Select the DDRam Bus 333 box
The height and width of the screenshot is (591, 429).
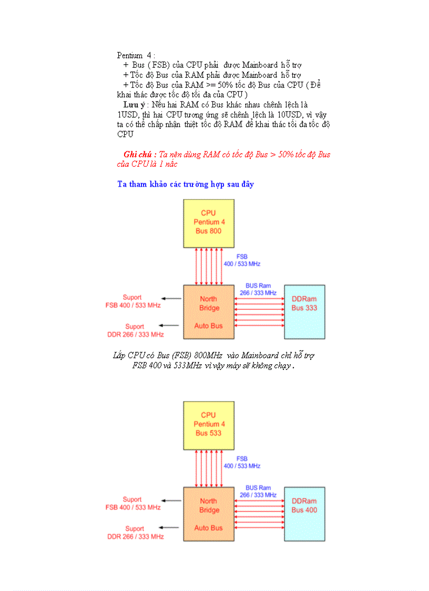[x=304, y=312]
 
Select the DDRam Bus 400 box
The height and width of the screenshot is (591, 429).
[x=304, y=514]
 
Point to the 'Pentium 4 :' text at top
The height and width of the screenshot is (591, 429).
[x=136, y=55]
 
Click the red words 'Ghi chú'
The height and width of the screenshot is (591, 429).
[x=139, y=155]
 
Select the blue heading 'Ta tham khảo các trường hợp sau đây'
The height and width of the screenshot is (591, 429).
[x=186, y=184]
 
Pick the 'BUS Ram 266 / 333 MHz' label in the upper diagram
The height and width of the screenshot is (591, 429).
[x=258, y=289]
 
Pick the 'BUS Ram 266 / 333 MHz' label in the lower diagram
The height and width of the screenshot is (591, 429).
[x=258, y=492]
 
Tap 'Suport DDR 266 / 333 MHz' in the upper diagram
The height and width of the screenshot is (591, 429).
[x=135, y=330]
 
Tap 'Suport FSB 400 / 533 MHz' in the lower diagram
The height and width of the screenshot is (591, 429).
[x=132, y=504]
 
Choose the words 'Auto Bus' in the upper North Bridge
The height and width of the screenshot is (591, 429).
[x=209, y=326]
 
